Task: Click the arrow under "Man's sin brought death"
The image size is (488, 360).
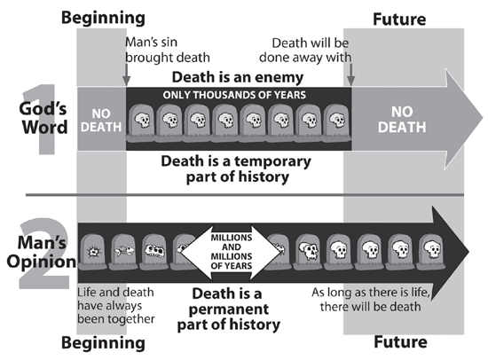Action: tap(126, 74)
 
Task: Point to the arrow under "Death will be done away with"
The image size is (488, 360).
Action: tap(350, 74)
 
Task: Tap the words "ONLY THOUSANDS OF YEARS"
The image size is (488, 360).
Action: tap(234, 95)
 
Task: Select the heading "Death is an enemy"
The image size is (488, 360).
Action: tap(238, 77)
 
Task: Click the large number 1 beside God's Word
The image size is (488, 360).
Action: tap(42, 119)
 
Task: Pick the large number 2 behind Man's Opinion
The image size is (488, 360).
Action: tap(43, 254)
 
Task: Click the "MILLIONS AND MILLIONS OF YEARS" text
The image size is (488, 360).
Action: tap(232, 252)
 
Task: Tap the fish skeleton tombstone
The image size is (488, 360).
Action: tap(123, 252)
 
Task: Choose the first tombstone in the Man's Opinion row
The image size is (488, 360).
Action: tap(92, 252)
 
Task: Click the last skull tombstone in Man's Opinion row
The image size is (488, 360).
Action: tap(431, 252)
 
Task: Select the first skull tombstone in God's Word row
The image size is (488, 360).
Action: tap(142, 122)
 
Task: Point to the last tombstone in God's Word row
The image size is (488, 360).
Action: tap(336, 122)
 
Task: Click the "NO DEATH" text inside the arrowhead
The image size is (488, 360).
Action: tap(402, 120)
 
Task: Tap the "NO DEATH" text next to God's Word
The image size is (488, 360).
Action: tap(101, 121)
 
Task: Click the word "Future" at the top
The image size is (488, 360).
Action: tap(399, 20)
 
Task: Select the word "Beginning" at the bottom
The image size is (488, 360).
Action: tap(103, 343)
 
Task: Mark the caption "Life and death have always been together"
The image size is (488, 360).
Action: tap(115, 306)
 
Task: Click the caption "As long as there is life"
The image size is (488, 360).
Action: tap(371, 293)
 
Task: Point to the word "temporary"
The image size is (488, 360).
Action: tap(272, 162)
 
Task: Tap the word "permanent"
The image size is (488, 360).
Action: tap(229, 309)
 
